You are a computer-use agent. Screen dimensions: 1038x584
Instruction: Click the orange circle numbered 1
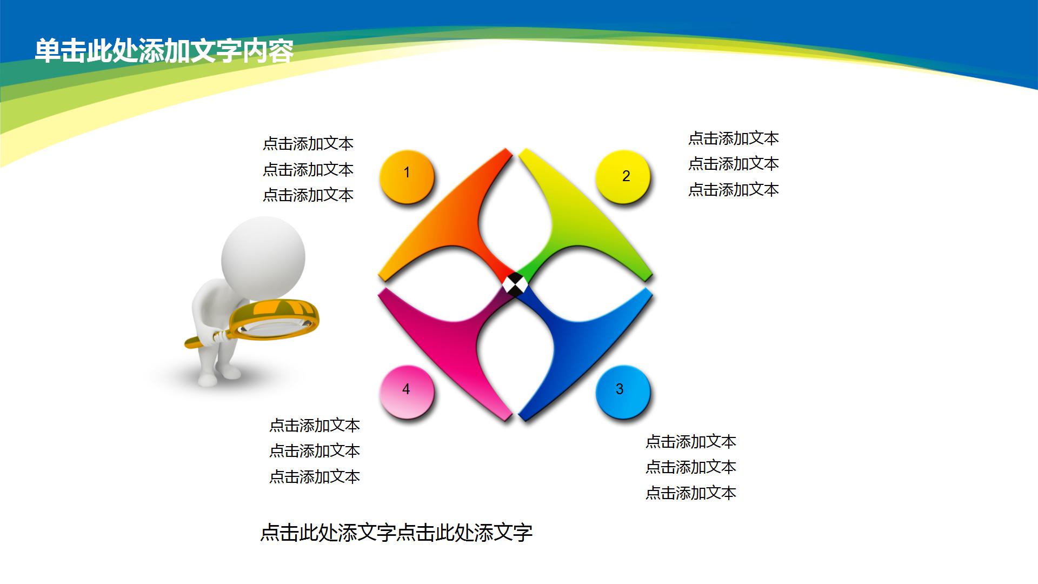coord(407,176)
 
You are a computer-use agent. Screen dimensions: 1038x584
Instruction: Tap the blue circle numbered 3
coord(622,392)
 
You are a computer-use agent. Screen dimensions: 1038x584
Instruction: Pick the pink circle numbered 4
coord(407,392)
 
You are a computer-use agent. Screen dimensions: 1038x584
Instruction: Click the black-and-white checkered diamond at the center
coord(515,284)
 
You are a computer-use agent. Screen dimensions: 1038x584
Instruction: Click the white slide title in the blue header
coord(164,51)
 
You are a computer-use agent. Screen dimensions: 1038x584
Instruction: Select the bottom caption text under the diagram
coord(396,533)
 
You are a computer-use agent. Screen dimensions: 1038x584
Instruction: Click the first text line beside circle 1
coord(308,143)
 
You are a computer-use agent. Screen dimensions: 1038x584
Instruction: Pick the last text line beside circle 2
coord(734,189)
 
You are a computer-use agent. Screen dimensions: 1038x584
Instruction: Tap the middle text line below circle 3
coord(691,467)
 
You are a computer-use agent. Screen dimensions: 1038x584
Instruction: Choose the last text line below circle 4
coord(315,476)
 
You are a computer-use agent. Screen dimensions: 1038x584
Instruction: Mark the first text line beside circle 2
coord(734,138)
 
